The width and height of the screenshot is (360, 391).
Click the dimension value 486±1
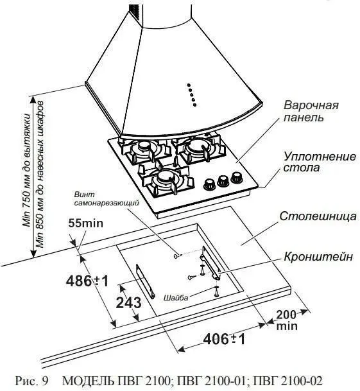[87, 281]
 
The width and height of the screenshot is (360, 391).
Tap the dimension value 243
[128, 303]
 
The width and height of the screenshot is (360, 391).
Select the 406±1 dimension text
[224, 338]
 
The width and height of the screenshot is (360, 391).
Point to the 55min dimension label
[86, 223]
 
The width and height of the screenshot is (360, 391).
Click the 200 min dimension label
[287, 320]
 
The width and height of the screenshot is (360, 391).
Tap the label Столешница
[318, 216]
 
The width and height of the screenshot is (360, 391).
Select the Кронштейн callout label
[318, 256]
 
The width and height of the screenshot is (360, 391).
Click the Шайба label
[176, 297]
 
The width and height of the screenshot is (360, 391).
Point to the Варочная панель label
[311, 111]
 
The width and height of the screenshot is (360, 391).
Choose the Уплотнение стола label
[320, 162]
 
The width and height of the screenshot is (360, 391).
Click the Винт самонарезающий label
[107, 199]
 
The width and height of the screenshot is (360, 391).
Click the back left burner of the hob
[144, 149]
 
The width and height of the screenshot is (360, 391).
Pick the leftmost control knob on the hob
[210, 184]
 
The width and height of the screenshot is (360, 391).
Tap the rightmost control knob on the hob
[237, 178]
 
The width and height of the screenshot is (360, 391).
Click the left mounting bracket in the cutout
[145, 281]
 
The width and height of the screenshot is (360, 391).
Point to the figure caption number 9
[45, 381]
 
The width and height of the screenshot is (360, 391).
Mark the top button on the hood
[189, 85]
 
